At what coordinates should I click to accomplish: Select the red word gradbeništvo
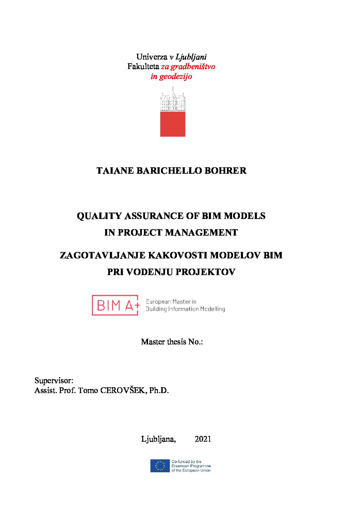[x=193, y=66]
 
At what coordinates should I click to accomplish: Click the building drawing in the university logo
[x=173, y=100]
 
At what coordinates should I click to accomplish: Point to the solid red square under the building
[x=173, y=124]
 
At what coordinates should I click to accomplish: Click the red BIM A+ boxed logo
[x=115, y=305]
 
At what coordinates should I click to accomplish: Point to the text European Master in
[x=171, y=302]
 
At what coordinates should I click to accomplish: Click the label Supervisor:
[x=54, y=380]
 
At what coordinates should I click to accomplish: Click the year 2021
[x=203, y=439]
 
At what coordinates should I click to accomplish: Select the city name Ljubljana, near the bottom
[x=158, y=439]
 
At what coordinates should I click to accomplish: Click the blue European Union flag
[x=160, y=466]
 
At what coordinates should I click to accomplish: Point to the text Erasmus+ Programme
[x=191, y=466]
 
